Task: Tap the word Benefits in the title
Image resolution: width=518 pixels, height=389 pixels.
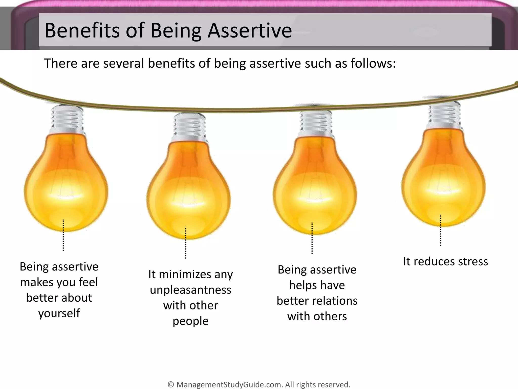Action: (x=82, y=31)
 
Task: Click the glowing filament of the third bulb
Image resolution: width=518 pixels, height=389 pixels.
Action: (x=314, y=198)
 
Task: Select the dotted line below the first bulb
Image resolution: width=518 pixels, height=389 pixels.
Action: (x=63, y=235)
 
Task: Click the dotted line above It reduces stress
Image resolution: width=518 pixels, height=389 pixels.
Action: (x=441, y=230)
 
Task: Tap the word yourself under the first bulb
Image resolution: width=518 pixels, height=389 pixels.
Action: (x=59, y=313)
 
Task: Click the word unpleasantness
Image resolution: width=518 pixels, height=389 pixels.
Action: (x=190, y=290)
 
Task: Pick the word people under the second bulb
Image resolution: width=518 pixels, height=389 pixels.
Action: (x=190, y=321)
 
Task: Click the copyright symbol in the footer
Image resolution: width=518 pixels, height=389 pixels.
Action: (x=171, y=384)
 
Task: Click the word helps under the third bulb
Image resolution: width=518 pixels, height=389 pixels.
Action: (x=301, y=285)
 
